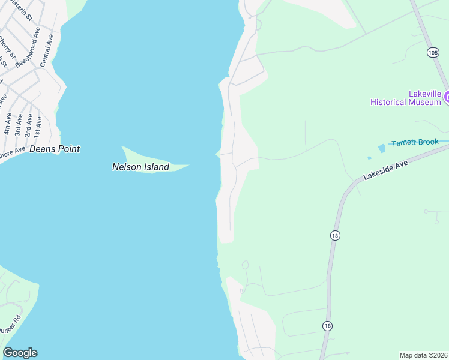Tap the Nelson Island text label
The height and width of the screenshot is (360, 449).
(x=140, y=167)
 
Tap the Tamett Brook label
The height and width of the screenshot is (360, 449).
(x=415, y=143)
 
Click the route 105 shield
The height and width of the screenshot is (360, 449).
(x=433, y=53)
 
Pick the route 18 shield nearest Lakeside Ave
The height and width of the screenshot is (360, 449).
(x=335, y=235)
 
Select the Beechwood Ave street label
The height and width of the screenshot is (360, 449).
(x=28, y=46)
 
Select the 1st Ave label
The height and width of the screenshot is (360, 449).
(x=38, y=124)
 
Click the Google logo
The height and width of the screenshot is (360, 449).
(x=20, y=353)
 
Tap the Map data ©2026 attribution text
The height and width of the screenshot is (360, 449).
(x=423, y=355)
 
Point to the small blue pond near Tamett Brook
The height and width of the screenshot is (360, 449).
(x=382, y=148)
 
